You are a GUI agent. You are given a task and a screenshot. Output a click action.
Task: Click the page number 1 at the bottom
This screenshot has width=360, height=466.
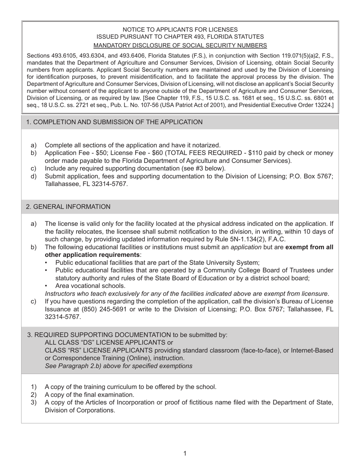(185, 453)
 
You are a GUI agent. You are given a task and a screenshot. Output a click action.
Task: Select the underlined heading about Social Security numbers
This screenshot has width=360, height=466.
(180, 45)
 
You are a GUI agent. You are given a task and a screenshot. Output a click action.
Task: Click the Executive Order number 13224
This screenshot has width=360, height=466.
(322, 105)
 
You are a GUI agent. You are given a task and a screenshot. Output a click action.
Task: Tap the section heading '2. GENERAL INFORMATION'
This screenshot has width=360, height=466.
(68, 207)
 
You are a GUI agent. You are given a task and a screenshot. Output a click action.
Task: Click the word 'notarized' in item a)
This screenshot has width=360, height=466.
(205, 145)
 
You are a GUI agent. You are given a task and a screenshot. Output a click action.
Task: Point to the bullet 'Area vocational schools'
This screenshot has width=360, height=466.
(90, 286)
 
